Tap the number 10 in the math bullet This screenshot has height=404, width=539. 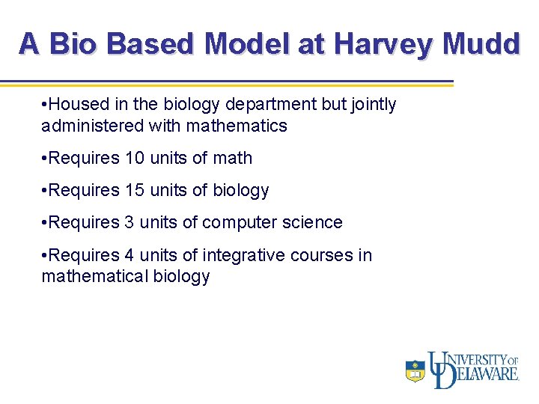tap(134, 158)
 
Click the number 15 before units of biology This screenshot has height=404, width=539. tap(134, 191)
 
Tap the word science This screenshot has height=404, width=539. tap(314, 223)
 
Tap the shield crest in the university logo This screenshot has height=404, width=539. tap(415, 370)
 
